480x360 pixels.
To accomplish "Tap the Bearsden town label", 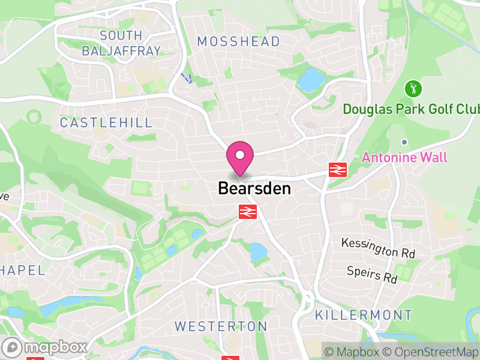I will click(x=254, y=188).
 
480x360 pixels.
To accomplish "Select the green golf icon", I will click(x=413, y=90).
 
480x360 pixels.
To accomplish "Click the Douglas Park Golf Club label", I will click(x=412, y=109).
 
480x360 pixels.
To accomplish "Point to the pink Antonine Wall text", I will click(x=404, y=158).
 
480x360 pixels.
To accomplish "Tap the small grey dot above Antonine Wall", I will click(x=404, y=142).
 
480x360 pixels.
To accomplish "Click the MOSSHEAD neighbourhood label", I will click(x=239, y=41).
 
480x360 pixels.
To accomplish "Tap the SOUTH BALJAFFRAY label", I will click(x=121, y=43).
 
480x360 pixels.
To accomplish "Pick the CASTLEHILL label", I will click(x=106, y=123).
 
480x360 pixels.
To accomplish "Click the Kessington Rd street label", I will click(x=378, y=247).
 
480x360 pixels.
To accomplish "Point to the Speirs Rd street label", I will click(x=372, y=274).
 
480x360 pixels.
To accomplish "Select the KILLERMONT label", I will click(x=364, y=315).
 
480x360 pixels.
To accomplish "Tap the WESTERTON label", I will click(x=221, y=326).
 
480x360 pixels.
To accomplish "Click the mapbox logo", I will click(x=45, y=347).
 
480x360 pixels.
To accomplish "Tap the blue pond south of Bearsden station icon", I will click(x=258, y=251).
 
